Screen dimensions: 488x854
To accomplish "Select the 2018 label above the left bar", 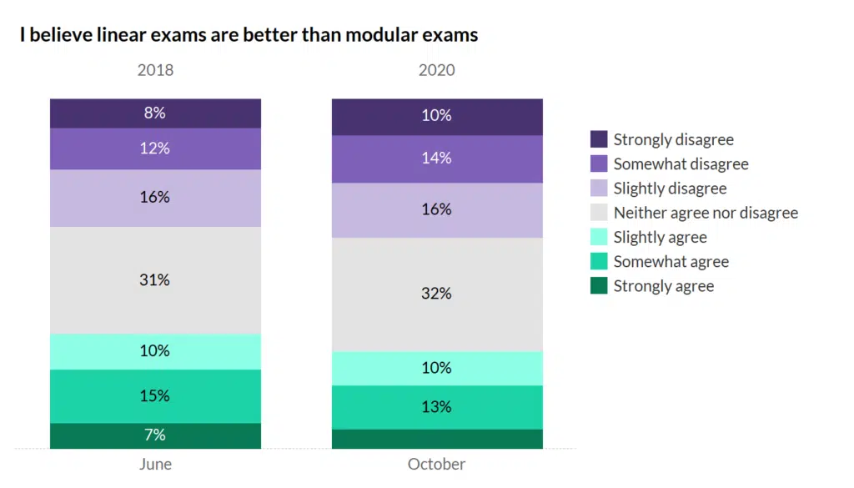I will pyautogui.click(x=155, y=70).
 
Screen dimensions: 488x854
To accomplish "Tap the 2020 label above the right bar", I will pyautogui.click(x=437, y=70).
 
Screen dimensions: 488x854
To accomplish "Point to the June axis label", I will pyautogui.click(x=155, y=464).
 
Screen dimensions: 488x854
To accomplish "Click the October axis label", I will pyautogui.click(x=437, y=464).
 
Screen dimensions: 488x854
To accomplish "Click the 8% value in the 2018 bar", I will pyautogui.click(x=155, y=113).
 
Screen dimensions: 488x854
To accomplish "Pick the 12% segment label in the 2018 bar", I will pyautogui.click(x=155, y=148).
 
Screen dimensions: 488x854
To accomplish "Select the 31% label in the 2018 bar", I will pyautogui.click(x=155, y=280).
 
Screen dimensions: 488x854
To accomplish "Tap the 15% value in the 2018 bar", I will pyautogui.click(x=155, y=395).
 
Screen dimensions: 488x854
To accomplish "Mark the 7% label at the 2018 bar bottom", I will pyautogui.click(x=155, y=435).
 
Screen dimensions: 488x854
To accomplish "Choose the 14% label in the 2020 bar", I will pyautogui.click(x=437, y=158).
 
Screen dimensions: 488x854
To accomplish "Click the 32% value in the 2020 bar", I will pyautogui.click(x=437, y=294).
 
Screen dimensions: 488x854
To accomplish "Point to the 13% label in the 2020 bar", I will pyautogui.click(x=437, y=407).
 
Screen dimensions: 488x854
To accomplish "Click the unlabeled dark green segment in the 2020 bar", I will pyautogui.click(x=437, y=439).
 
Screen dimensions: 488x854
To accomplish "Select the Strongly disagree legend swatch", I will pyautogui.click(x=599, y=139).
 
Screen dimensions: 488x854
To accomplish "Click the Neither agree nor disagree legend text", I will pyautogui.click(x=706, y=213).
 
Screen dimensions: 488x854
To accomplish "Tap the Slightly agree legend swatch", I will pyautogui.click(x=599, y=237).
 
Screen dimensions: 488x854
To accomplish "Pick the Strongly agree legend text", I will pyautogui.click(x=664, y=286).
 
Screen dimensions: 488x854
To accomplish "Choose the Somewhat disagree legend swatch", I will pyautogui.click(x=599, y=164).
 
